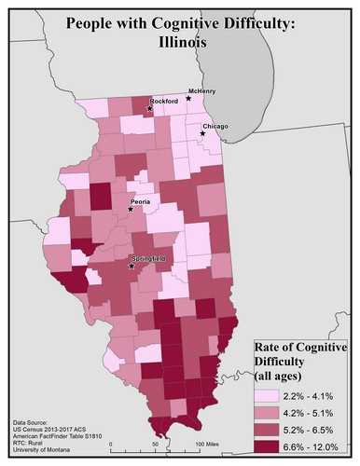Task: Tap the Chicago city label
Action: (x=214, y=126)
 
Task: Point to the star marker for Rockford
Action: (x=149, y=109)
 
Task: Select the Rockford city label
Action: (x=164, y=101)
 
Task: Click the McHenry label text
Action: (x=202, y=90)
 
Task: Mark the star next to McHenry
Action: (x=189, y=98)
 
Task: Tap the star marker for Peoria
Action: (x=131, y=209)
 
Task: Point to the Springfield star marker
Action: (x=132, y=267)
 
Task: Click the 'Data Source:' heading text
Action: (x=33, y=423)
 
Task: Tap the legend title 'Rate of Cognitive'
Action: (x=301, y=349)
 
